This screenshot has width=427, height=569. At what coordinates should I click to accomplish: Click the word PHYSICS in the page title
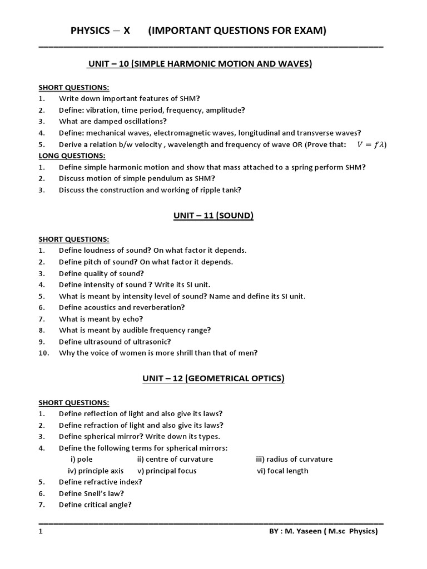[91, 31]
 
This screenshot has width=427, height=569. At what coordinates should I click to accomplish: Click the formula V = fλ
[371, 144]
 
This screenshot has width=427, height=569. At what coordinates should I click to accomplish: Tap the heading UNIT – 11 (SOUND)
[213, 216]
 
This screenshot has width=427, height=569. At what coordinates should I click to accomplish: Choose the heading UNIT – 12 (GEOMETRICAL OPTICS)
[213, 378]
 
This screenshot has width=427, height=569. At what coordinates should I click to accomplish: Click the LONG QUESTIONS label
[72, 156]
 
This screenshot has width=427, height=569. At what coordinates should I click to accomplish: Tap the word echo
[131, 319]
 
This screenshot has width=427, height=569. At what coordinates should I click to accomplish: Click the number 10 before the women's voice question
[44, 352]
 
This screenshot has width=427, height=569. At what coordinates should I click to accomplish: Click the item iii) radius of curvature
[294, 459]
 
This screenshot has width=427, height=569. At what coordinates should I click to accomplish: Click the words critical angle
[106, 505]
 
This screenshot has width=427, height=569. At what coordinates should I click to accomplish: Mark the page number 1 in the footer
[41, 532]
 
